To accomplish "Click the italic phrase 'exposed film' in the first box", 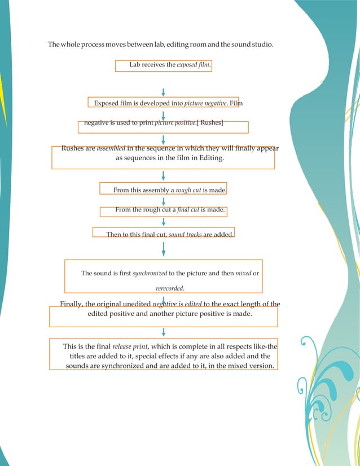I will [x=194, y=65].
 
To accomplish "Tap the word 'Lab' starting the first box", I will [x=135, y=65].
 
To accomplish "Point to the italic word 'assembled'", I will [x=111, y=148].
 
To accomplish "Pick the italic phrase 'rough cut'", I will [x=188, y=190].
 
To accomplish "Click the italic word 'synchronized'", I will [x=150, y=273].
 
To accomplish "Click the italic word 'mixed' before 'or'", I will [x=243, y=273].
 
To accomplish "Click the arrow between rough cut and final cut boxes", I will [x=163, y=202].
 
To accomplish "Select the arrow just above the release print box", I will [x=163, y=332].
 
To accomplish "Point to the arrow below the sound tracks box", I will [x=163, y=248].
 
